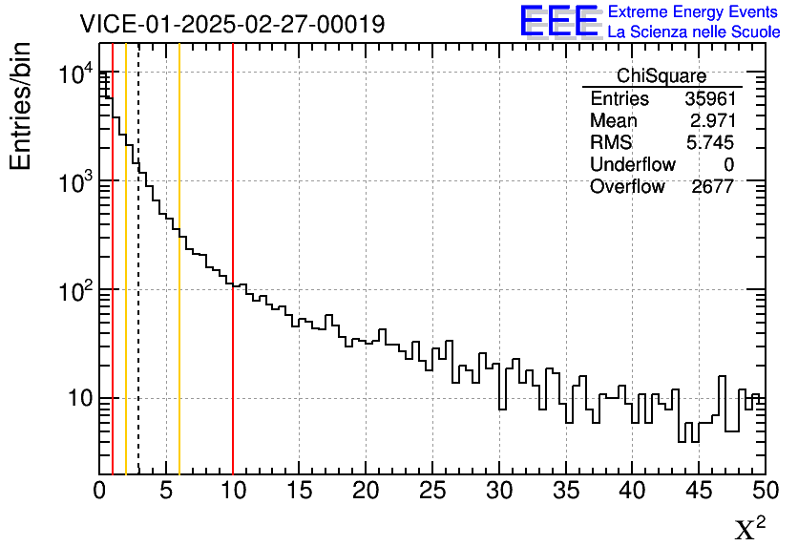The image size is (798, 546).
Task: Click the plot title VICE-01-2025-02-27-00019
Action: click(232, 24)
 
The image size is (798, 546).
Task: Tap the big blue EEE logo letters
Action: click(558, 21)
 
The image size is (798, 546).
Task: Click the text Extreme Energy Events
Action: click(694, 12)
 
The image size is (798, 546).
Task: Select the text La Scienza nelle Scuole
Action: click(694, 32)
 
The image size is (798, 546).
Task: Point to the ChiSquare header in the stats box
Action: click(661, 76)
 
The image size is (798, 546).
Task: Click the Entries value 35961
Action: click(708, 99)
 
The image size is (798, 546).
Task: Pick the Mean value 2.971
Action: click(711, 121)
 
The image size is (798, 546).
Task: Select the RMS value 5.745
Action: click(711, 143)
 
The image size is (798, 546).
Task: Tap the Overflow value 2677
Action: click(712, 187)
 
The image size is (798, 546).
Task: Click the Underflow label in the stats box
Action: click(632, 165)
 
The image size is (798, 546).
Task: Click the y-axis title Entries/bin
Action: click(21, 105)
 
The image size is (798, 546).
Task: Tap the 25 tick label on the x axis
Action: click(432, 492)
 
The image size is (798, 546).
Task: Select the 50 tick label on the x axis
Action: click(764, 492)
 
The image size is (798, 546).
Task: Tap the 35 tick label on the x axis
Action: click(565, 492)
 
